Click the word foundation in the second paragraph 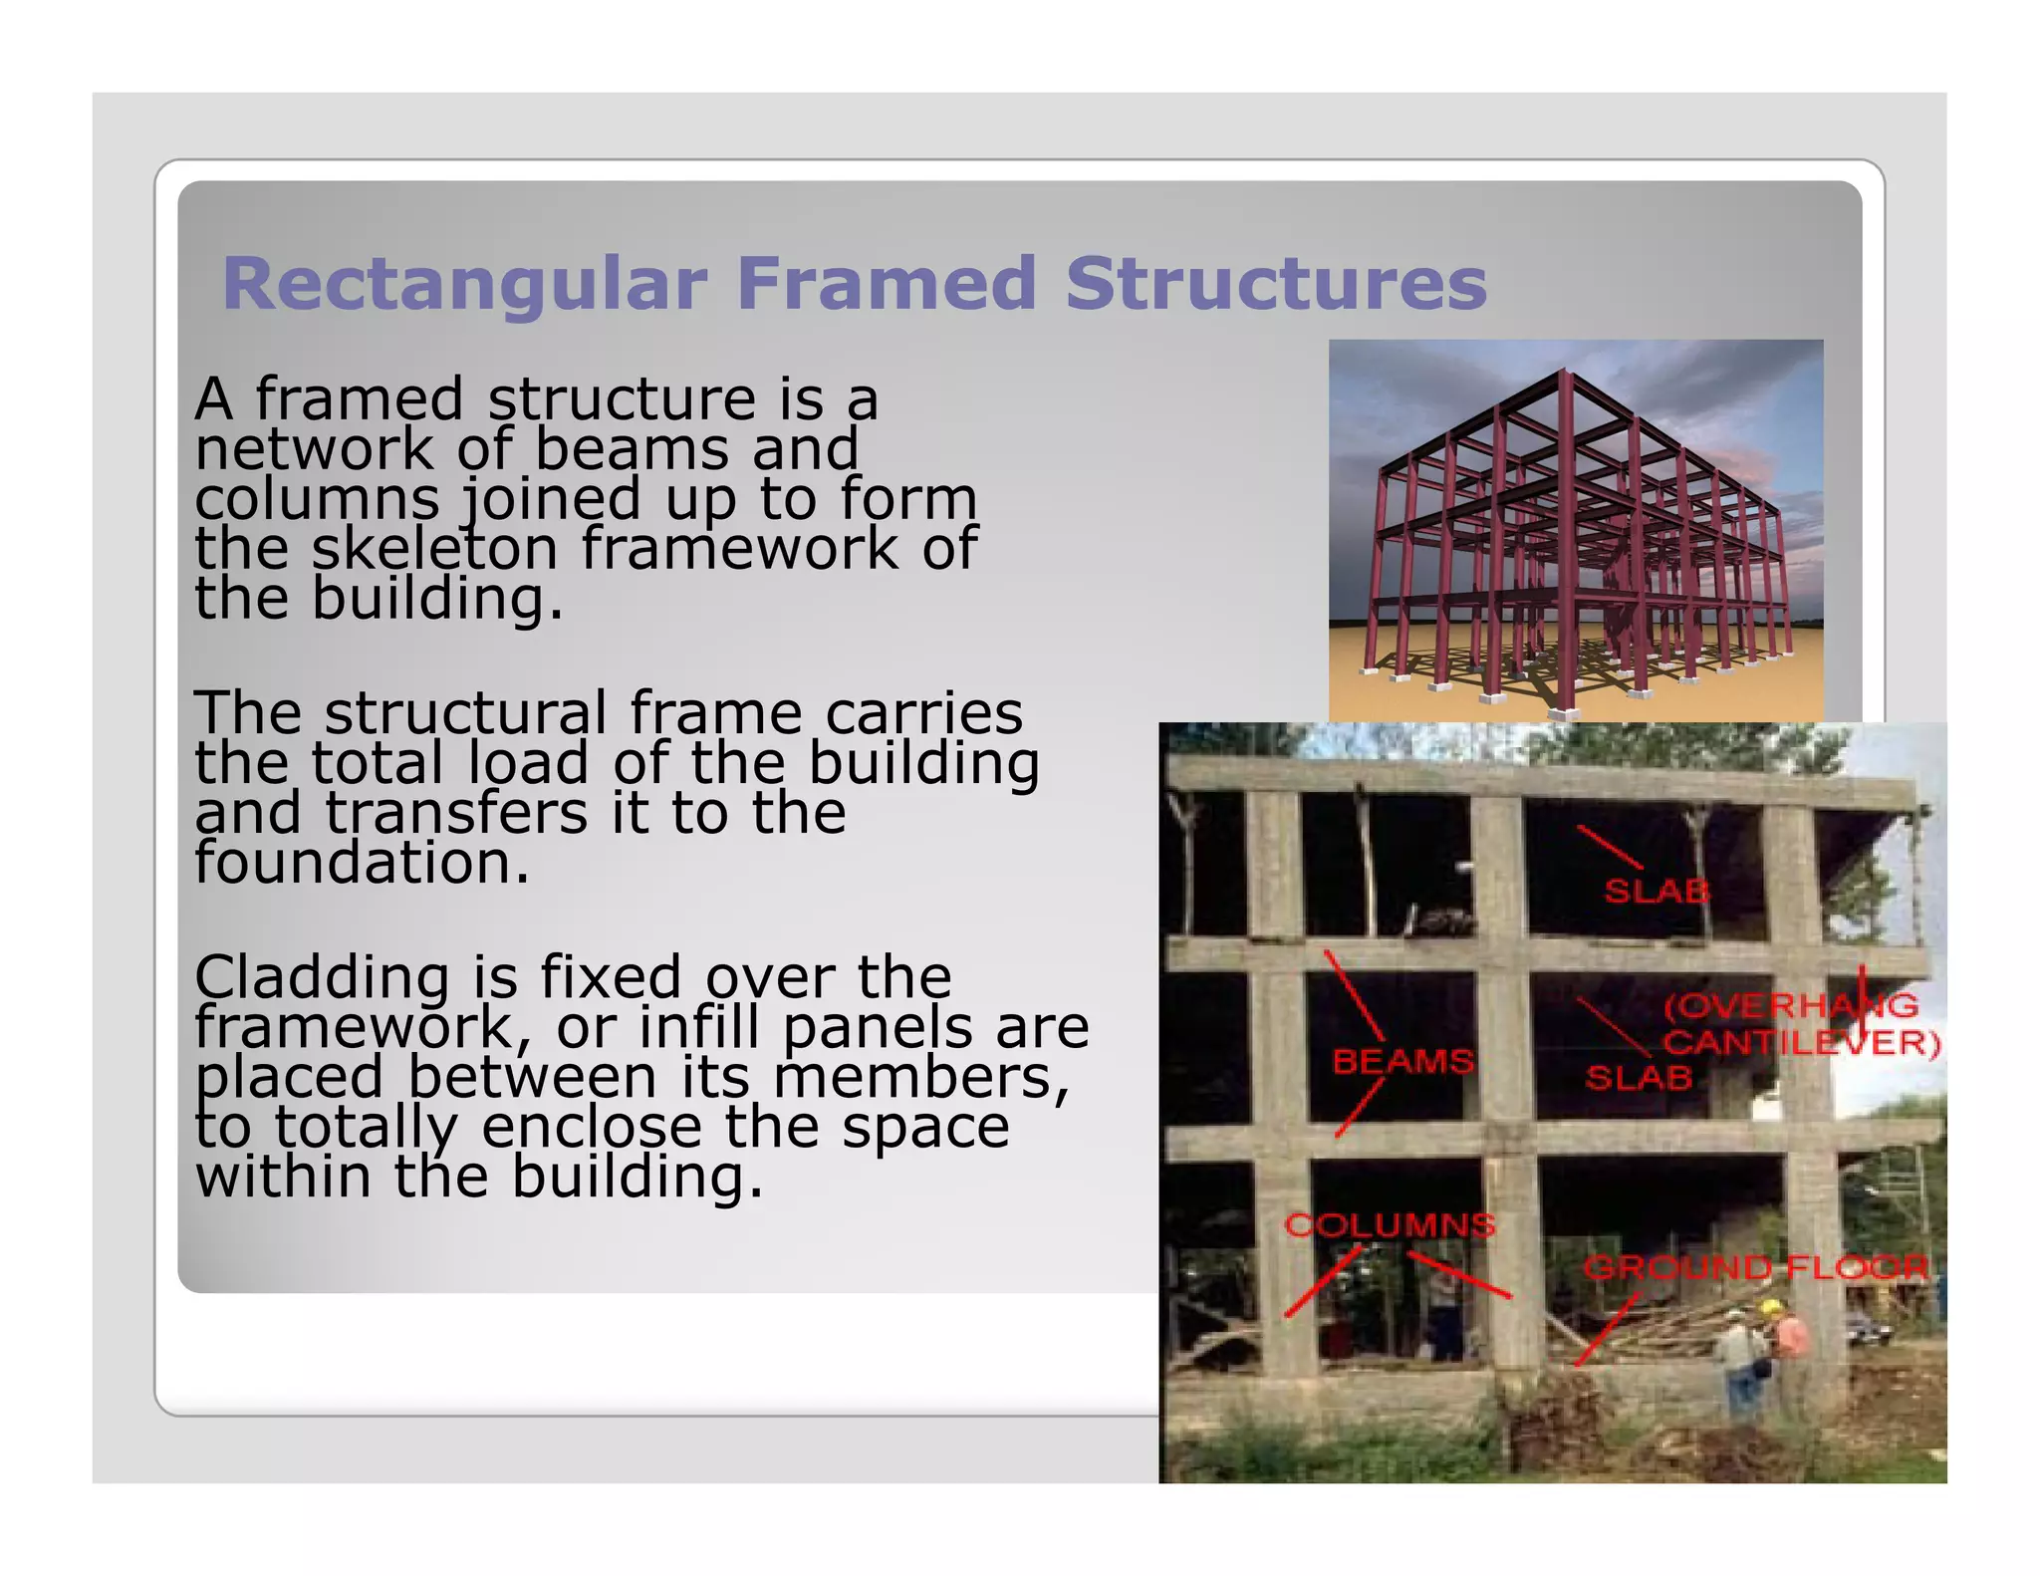click(x=362, y=863)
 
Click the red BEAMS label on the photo click(x=1402, y=1061)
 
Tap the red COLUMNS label click(x=1390, y=1224)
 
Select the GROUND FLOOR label click(x=1755, y=1267)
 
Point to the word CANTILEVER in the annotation click(x=1801, y=1043)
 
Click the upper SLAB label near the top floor click(x=1657, y=891)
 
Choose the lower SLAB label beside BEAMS click(x=1639, y=1077)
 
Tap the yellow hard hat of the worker click(x=1769, y=1307)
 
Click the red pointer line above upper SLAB click(x=1609, y=847)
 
